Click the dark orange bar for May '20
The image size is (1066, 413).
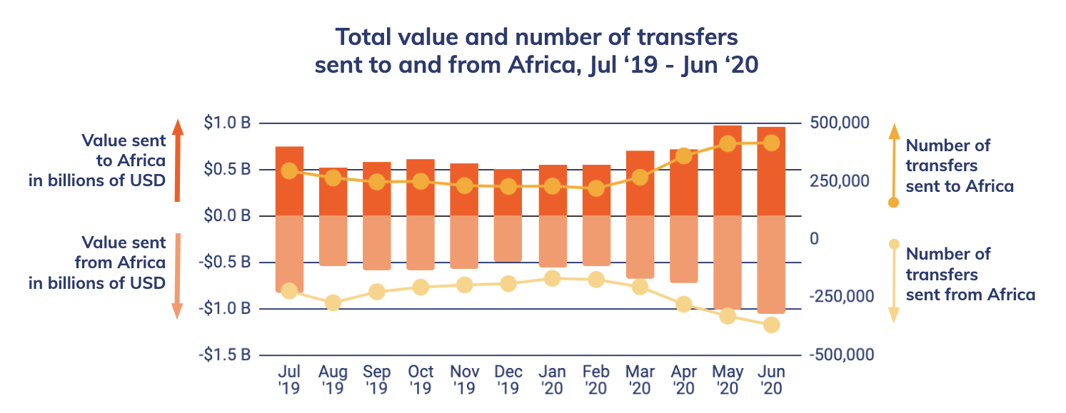coord(728,170)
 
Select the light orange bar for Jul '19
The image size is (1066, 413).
coord(289,253)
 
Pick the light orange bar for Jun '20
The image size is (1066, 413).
coord(771,264)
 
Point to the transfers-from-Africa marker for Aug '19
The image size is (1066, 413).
coord(333,303)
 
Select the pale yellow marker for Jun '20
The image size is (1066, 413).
coord(771,325)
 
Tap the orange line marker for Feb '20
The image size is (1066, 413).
coord(596,189)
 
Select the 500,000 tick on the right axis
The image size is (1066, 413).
coord(840,123)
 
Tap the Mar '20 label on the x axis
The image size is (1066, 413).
coord(640,380)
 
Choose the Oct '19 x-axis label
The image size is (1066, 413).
coord(421,380)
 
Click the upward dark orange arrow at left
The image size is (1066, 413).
coord(178,160)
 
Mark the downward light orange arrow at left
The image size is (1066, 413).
coord(178,275)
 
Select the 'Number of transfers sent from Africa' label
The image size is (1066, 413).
coord(970,274)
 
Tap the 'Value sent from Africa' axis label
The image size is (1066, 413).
coord(97,262)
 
